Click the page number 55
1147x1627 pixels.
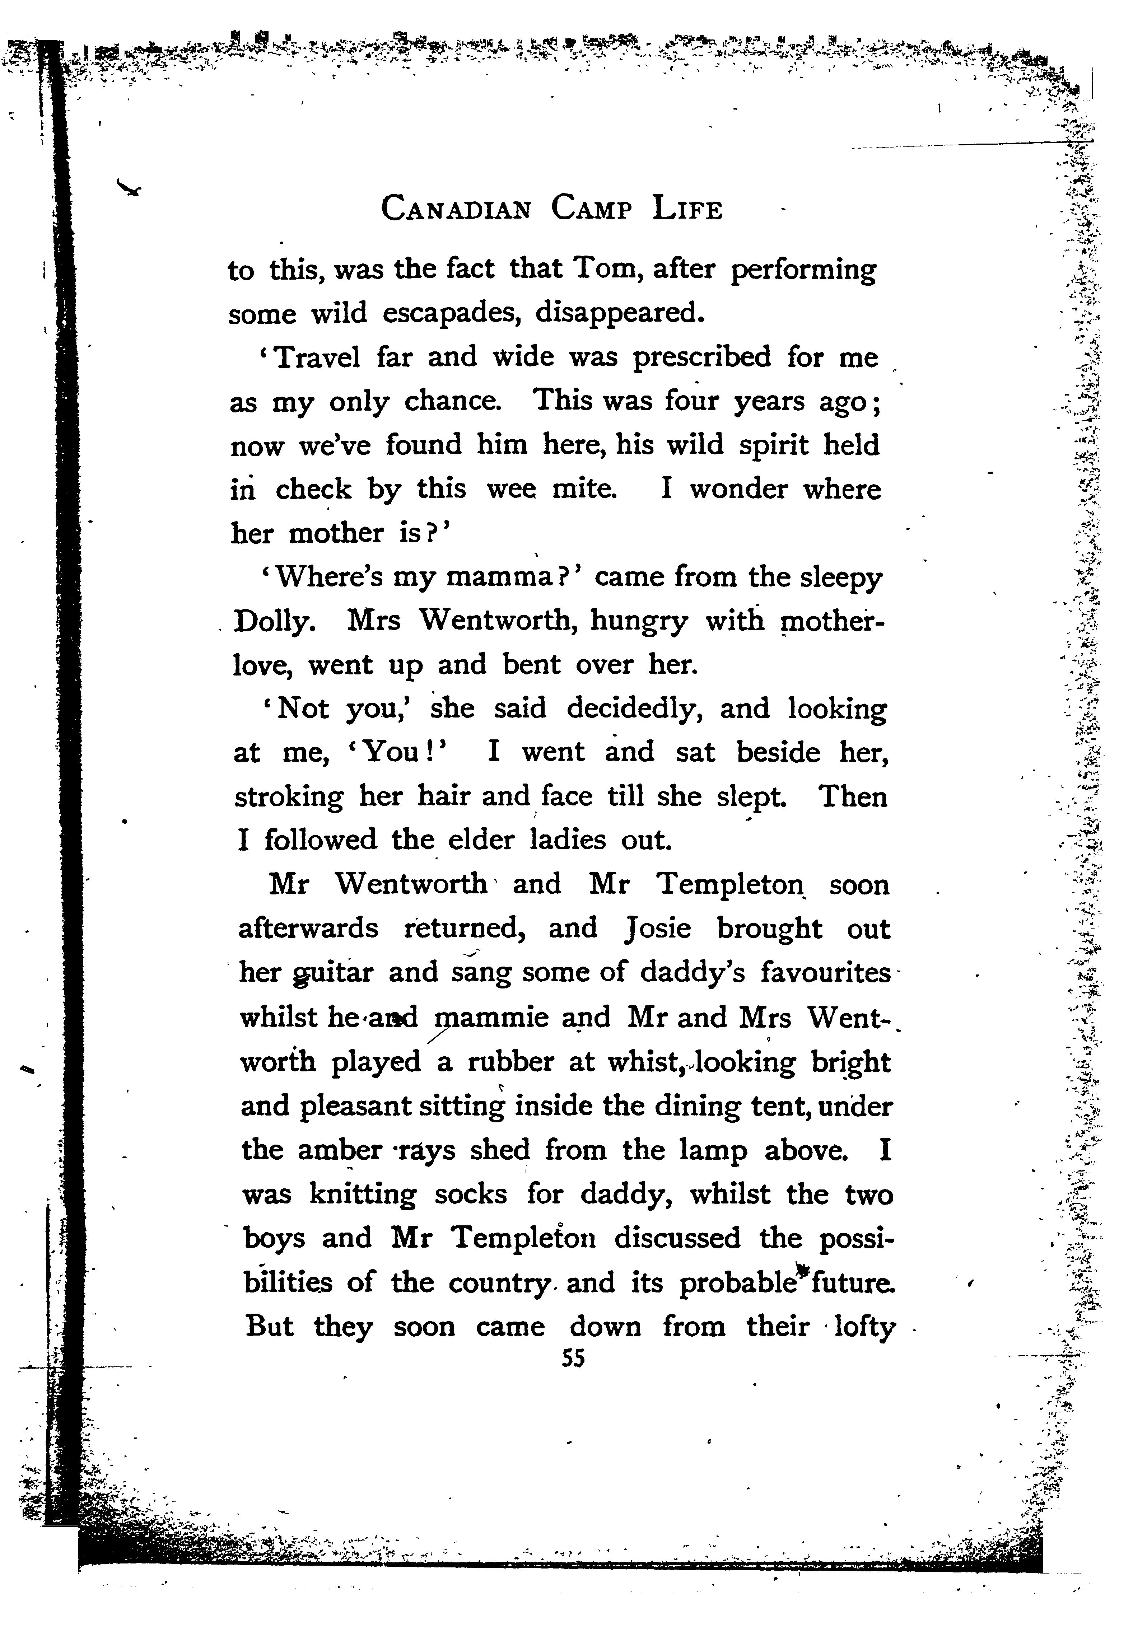[x=572, y=1358]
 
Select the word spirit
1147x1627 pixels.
[x=773, y=445]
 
